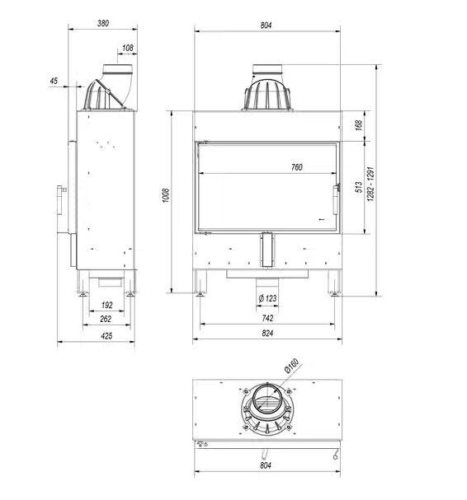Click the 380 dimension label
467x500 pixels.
pos(102,23)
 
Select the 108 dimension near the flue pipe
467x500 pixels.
pos(127,49)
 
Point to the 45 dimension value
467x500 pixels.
pos(54,81)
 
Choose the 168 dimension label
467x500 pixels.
pos(358,125)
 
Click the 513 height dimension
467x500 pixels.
pos(358,188)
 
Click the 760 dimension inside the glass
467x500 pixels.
pos(296,167)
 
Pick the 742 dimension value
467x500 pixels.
pos(266,317)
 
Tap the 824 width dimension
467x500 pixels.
pos(266,334)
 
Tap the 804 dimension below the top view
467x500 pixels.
pos(266,466)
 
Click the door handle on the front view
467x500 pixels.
pos(336,199)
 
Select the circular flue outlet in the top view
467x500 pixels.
pos(266,402)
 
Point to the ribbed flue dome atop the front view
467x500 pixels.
pos(266,94)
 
